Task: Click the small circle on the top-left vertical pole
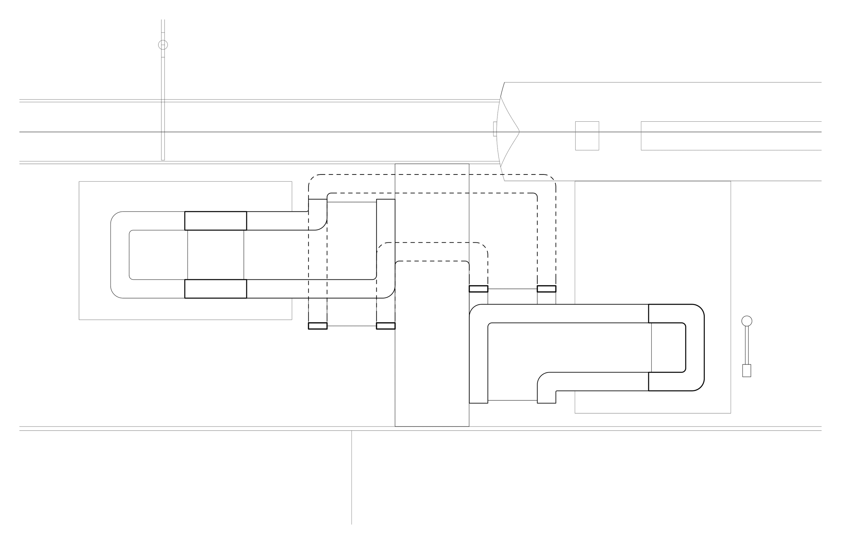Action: pos(163,45)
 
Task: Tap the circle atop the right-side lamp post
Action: pos(747,321)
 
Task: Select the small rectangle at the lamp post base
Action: pos(747,371)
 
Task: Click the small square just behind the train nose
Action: pos(587,136)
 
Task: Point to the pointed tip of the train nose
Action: pos(519,132)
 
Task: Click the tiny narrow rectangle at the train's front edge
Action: pos(495,129)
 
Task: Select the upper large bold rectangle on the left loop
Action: pos(216,221)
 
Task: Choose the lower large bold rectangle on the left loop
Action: pos(216,289)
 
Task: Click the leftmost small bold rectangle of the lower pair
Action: pos(318,326)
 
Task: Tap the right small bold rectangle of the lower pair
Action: pos(386,326)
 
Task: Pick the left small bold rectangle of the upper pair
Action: pos(478,289)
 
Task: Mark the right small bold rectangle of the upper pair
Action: pos(546,289)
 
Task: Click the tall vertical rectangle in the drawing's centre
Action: pos(432,353)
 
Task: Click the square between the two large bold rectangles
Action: pos(216,255)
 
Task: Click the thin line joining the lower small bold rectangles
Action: pos(352,326)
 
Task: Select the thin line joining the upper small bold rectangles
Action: pos(512,289)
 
